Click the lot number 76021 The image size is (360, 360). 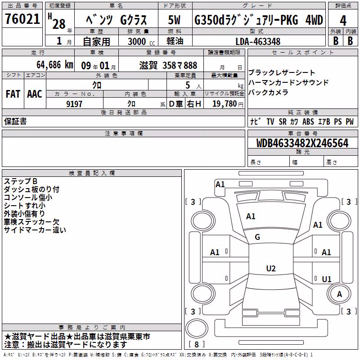coord(22,19)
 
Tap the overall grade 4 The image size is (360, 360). coord(343,21)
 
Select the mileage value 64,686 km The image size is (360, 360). coord(55,65)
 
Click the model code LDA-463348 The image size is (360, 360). coord(258,41)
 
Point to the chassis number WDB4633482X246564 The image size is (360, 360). coord(302,143)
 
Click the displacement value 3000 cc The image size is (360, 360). coord(141,41)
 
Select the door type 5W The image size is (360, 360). coord(174,20)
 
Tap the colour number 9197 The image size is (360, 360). coord(74,104)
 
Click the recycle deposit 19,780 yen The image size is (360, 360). coord(228,104)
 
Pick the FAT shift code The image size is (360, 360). coord(13,94)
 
